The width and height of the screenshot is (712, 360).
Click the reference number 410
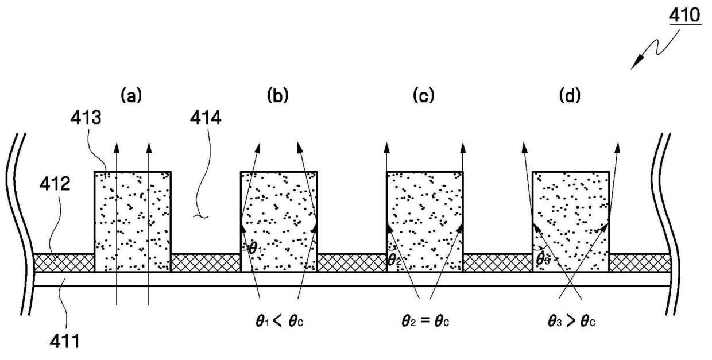click(x=684, y=16)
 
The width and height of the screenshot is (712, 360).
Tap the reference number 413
click(x=86, y=118)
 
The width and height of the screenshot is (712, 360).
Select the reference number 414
click(x=206, y=118)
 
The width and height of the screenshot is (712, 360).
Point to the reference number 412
click(x=55, y=184)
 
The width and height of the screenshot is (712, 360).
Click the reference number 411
click(x=64, y=342)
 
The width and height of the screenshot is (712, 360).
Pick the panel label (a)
click(x=131, y=95)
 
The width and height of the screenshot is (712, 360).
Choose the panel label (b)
click(x=278, y=95)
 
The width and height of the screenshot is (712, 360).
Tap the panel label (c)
click(x=424, y=95)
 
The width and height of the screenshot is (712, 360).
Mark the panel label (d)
click(x=570, y=95)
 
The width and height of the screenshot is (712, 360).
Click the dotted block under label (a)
click(x=133, y=222)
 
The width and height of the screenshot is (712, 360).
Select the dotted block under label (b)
click(x=278, y=222)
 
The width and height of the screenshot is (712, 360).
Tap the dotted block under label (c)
click(x=425, y=222)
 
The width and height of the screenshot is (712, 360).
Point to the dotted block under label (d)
click(x=571, y=222)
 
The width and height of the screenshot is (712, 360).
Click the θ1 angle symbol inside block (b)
click(x=256, y=248)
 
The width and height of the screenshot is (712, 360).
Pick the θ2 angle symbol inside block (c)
click(x=394, y=261)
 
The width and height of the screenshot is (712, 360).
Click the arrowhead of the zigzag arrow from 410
click(x=634, y=65)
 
